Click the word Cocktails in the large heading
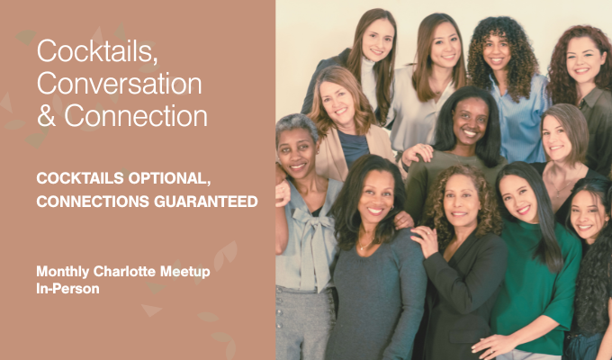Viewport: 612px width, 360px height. click(96, 51)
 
